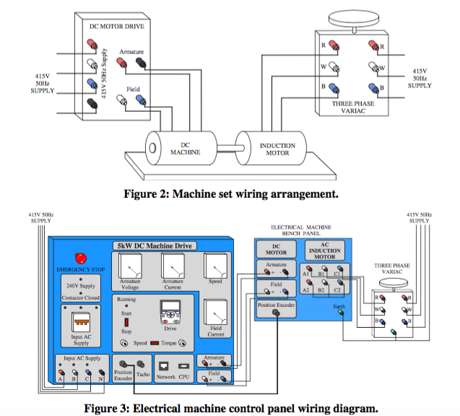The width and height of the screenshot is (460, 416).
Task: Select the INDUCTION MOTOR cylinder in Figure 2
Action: (x=272, y=149)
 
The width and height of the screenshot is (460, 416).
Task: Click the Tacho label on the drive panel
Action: (x=143, y=376)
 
